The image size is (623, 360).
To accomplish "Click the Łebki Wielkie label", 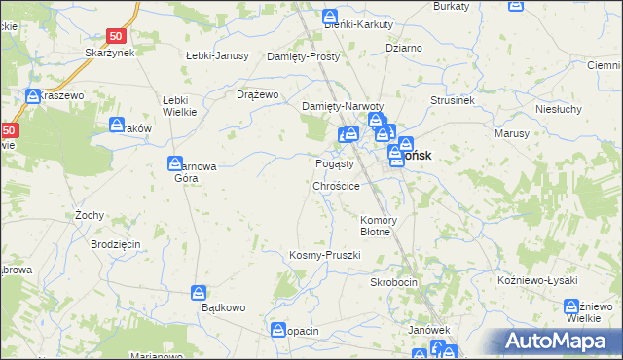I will [x=180, y=106].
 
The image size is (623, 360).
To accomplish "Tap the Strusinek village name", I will [x=452, y=100].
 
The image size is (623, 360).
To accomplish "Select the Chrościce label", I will [x=337, y=185].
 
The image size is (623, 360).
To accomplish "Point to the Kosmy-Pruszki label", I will [x=325, y=255].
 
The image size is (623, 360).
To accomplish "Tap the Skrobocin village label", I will [x=393, y=281].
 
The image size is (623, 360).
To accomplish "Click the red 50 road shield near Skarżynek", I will [x=116, y=36].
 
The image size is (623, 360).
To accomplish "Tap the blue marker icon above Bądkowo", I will [x=199, y=292].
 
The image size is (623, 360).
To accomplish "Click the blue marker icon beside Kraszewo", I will [x=32, y=96].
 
